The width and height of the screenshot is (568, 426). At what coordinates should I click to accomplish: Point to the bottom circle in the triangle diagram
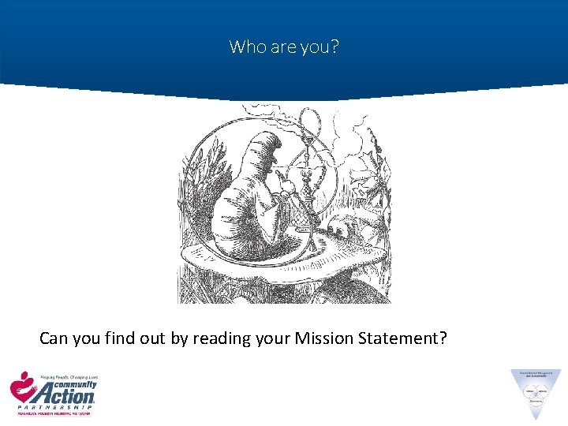click(536, 400)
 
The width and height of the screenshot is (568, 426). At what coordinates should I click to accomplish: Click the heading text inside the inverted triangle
click(536, 375)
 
